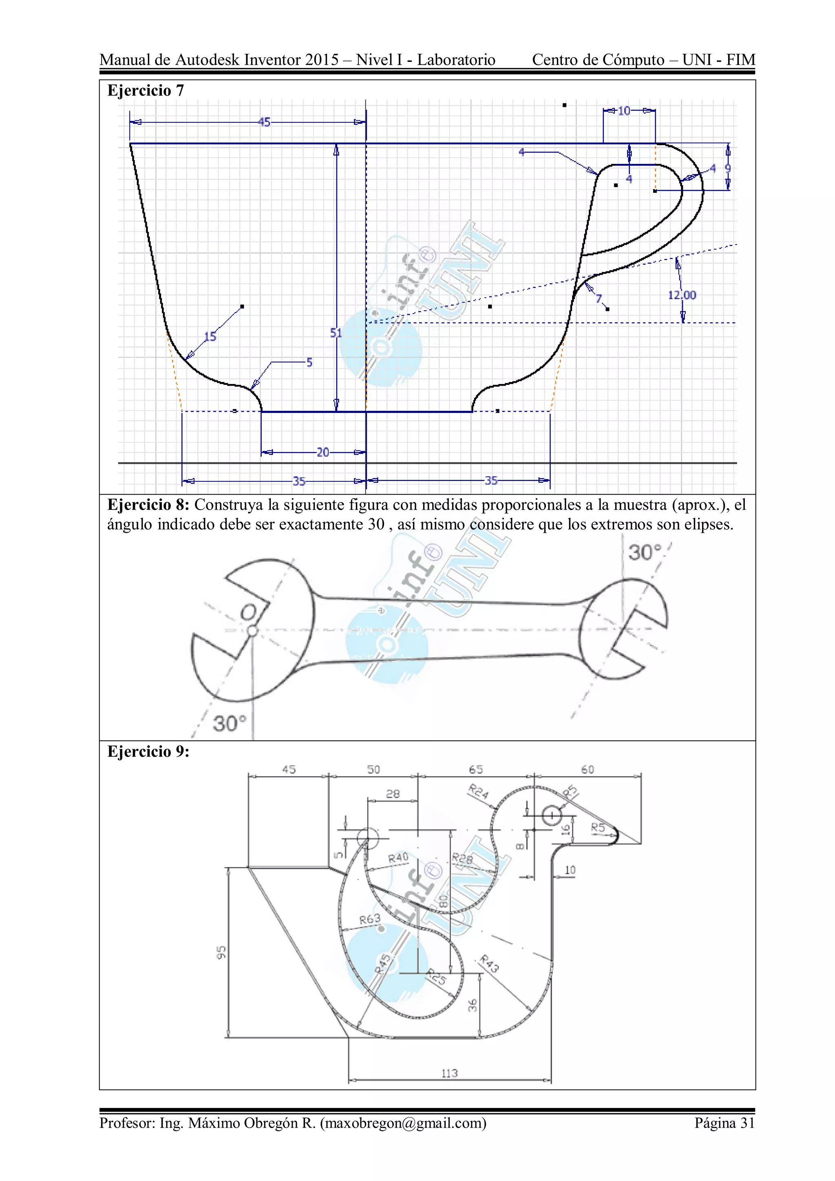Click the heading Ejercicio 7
(x=145, y=91)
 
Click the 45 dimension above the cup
(x=264, y=122)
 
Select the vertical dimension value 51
(x=336, y=333)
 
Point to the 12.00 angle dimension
(x=682, y=295)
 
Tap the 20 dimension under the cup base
(x=323, y=452)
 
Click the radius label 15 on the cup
(x=210, y=336)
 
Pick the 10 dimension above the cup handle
(x=624, y=110)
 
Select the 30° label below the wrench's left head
(x=229, y=723)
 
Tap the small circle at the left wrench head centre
(x=252, y=631)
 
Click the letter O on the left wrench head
(x=248, y=612)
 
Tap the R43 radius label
(x=489, y=963)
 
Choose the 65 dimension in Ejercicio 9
(x=475, y=770)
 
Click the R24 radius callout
(x=478, y=792)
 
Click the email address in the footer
(x=403, y=1123)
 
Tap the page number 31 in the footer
(x=747, y=1123)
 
